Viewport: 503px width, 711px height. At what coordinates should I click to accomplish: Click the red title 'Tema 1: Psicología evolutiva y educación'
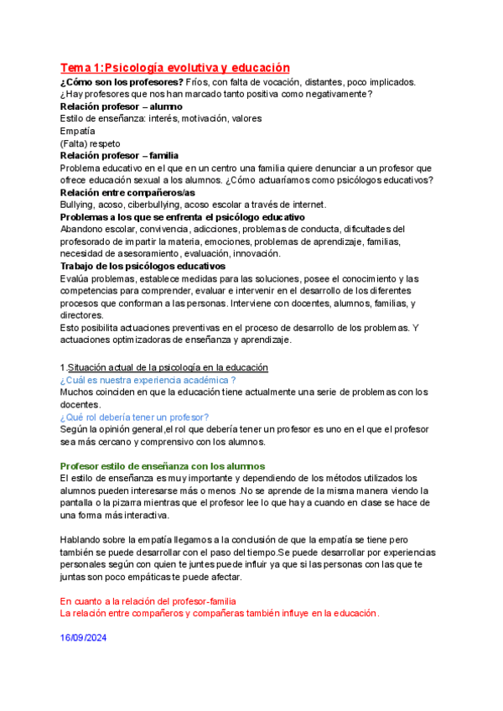tap(174, 67)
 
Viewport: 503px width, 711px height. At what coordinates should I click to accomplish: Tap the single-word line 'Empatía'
tap(77, 131)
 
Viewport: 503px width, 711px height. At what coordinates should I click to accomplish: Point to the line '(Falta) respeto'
tap(91, 143)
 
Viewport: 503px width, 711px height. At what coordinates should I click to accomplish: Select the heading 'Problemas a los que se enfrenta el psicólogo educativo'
tap(182, 216)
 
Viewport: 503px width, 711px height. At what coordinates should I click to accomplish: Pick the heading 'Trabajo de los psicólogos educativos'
tap(143, 266)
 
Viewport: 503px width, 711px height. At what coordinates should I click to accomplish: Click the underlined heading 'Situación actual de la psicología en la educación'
tap(168, 367)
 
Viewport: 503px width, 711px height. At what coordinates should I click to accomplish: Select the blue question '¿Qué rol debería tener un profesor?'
tap(134, 417)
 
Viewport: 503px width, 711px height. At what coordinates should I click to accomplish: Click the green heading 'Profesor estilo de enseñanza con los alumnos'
tap(163, 465)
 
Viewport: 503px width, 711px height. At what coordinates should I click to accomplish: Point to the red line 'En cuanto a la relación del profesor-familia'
tap(148, 601)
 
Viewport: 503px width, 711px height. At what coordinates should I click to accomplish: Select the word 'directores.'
tap(82, 314)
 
